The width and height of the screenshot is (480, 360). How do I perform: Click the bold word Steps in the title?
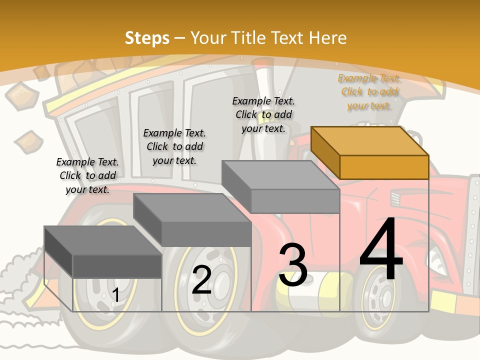[147, 38]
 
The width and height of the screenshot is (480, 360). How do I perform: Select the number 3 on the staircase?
[293, 265]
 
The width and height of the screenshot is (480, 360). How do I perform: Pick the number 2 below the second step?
[202, 280]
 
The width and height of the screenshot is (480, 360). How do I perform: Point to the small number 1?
[115, 295]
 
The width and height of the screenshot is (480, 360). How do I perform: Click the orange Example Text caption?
[369, 91]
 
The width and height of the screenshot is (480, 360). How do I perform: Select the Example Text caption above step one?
[87, 175]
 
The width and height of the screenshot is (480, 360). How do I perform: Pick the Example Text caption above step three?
[263, 114]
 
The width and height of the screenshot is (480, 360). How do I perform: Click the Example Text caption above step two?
[174, 146]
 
